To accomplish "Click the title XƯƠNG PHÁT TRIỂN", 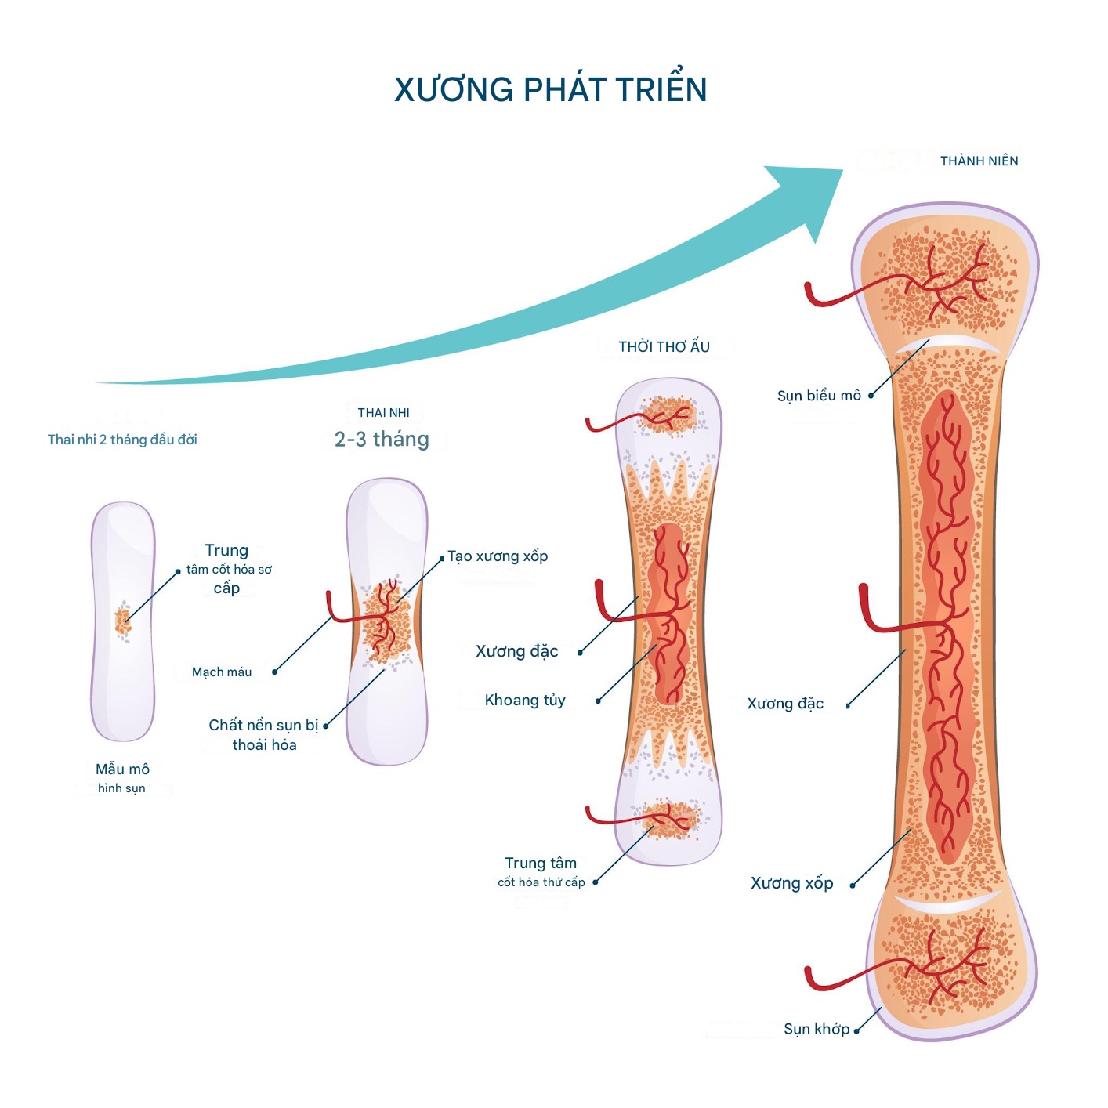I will click(550, 89).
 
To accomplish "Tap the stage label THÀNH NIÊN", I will click(979, 161).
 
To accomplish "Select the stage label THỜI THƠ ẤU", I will click(664, 347).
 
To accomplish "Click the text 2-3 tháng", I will click(382, 440).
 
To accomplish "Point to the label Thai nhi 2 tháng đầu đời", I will click(122, 440).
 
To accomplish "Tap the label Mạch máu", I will click(222, 672).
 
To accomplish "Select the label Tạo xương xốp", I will click(498, 556).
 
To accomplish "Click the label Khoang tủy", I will click(525, 701).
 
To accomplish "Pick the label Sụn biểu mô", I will click(819, 396).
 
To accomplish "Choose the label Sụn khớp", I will click(817, 1029).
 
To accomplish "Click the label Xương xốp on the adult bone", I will click(791, 883).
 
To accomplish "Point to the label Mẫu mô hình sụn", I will click(122, 777).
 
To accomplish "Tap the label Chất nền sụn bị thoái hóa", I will click(264, 735).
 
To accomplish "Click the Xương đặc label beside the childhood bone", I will click(517, 651).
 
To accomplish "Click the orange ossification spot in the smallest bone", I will click(122, 621).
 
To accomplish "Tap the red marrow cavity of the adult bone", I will click(948, 627).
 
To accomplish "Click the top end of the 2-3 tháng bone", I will click(387, 501).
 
